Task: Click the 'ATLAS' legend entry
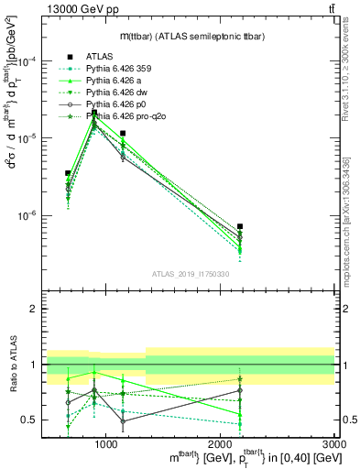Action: [x=100, y=56]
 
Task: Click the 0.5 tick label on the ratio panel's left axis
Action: [x=29, y=420]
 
